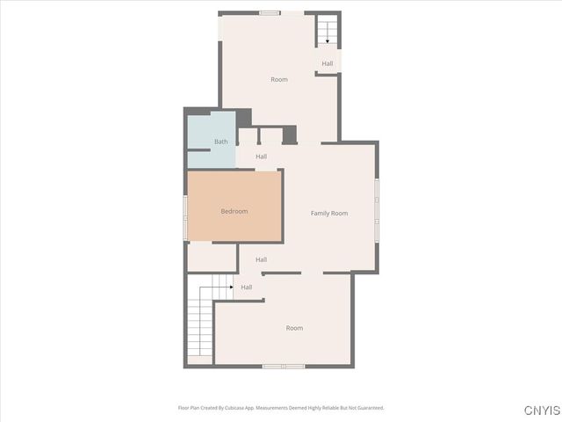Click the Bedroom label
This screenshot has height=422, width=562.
(x=234, y=211)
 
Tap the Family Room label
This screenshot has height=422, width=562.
(x=329, y=214)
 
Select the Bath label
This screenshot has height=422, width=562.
(x=220, y=142)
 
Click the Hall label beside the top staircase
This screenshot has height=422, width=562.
(x=328, y=63)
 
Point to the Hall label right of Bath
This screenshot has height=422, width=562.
(x=261, y=156)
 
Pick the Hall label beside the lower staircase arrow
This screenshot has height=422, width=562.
(x=247, y=287)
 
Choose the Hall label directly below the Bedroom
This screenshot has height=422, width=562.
(x=261, y=259)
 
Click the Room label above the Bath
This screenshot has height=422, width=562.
(x=278, y=80)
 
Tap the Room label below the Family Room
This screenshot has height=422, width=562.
(x=294, y=328)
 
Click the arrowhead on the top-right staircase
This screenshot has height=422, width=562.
(x=328, y=40)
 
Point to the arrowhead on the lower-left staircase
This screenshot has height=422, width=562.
(x=231, y=287)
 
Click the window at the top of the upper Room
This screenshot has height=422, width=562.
(x=270, y=12)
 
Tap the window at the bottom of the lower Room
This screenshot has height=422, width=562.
(x=284, y=366)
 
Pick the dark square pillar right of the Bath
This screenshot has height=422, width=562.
(x=289, y=135)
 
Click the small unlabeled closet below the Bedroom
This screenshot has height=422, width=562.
(x=212, y=257)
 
